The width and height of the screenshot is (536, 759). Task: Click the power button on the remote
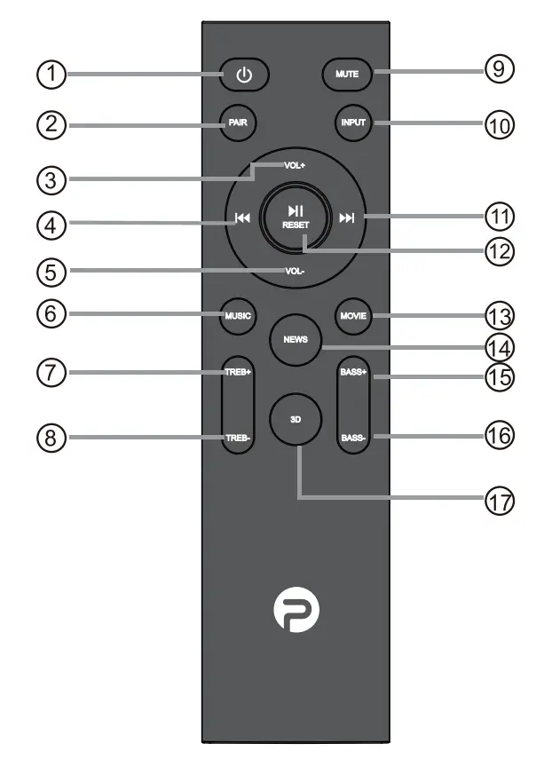[244, 75]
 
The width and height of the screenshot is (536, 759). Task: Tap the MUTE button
[347, 75]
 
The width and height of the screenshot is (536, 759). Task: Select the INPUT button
[353, 123]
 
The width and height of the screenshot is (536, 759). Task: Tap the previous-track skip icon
[242, 217]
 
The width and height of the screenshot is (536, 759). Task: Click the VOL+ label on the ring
[295, 165]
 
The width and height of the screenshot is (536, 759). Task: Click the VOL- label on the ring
[295, 271]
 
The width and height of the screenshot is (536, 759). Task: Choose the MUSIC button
[238, 315]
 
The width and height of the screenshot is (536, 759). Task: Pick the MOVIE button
[353, 315]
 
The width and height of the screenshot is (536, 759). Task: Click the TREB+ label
[238, 372]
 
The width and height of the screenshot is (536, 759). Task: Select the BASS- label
[353, 438]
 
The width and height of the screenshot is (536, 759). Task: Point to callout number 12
[500, 250]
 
